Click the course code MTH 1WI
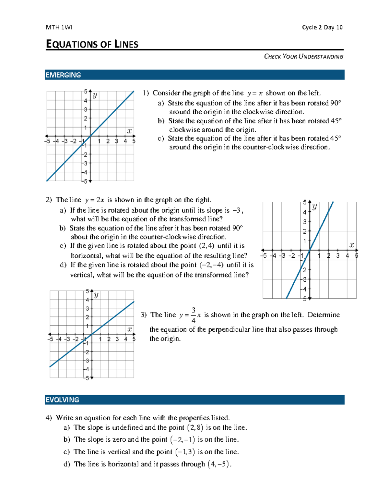pos(59,27)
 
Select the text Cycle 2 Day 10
pos(322,27)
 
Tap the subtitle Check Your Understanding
pos(303,56)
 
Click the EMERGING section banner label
pos(63,75)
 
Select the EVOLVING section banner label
pos(62,400)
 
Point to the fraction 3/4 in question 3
pos(194,315)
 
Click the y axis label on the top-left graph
pos(95,95)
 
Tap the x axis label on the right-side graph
pos(352,245)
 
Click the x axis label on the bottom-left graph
pos(130,329)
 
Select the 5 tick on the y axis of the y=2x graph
pos(305,203)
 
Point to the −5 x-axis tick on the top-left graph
pos(48,141)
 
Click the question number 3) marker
pos(144,315)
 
